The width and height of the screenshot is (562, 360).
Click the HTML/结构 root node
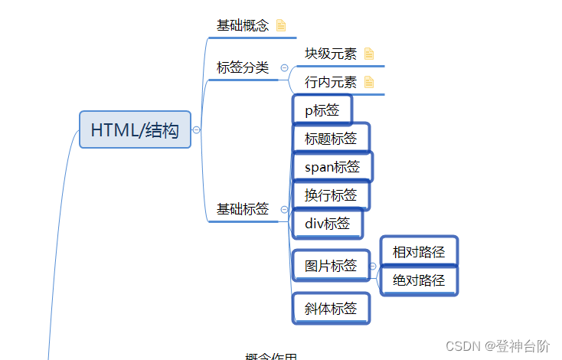point(135,130)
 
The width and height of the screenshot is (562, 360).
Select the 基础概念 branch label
point(243,25)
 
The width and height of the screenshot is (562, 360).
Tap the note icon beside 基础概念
point(281,25)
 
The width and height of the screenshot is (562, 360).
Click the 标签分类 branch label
point(243,67)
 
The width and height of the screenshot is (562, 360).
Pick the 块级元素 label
point(331,54)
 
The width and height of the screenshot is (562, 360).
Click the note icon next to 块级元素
point(369,54)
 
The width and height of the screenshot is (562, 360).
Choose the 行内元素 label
point(331,82)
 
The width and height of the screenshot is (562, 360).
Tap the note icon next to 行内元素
point(369,82)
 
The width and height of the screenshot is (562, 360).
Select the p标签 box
point(322,110)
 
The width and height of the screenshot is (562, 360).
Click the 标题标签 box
point(331,139)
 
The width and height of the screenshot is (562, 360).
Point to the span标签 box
point(332,167)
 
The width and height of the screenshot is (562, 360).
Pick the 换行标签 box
point(331,195)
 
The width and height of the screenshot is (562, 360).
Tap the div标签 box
point(328,224)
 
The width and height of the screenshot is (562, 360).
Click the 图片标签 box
point(331,266)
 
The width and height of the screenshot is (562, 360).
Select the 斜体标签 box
point(331,309)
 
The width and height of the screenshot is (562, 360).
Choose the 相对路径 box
point(419,251)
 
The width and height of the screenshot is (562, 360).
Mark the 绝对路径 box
point(419,280)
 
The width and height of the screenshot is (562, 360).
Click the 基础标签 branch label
point(243,209)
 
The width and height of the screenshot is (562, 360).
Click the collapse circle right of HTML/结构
point(197,130)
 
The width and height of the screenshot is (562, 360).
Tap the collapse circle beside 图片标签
point(373,266)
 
